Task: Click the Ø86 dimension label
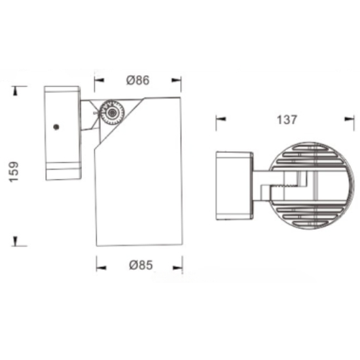(x=137, y=80)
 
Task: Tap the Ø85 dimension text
(x=141, y=265)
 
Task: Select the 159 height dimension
(x=14, y=172)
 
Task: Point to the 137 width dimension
(x=287, y=120)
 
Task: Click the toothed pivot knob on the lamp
(x=113, y=113)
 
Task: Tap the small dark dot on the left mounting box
(x=56, y=127)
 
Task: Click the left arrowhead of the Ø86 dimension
(x=99, y=80)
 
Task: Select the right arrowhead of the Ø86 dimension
(x=176, y=80)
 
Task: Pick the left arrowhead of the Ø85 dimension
(x=101, y=268)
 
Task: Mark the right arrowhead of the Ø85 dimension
(x=177, y=268)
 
